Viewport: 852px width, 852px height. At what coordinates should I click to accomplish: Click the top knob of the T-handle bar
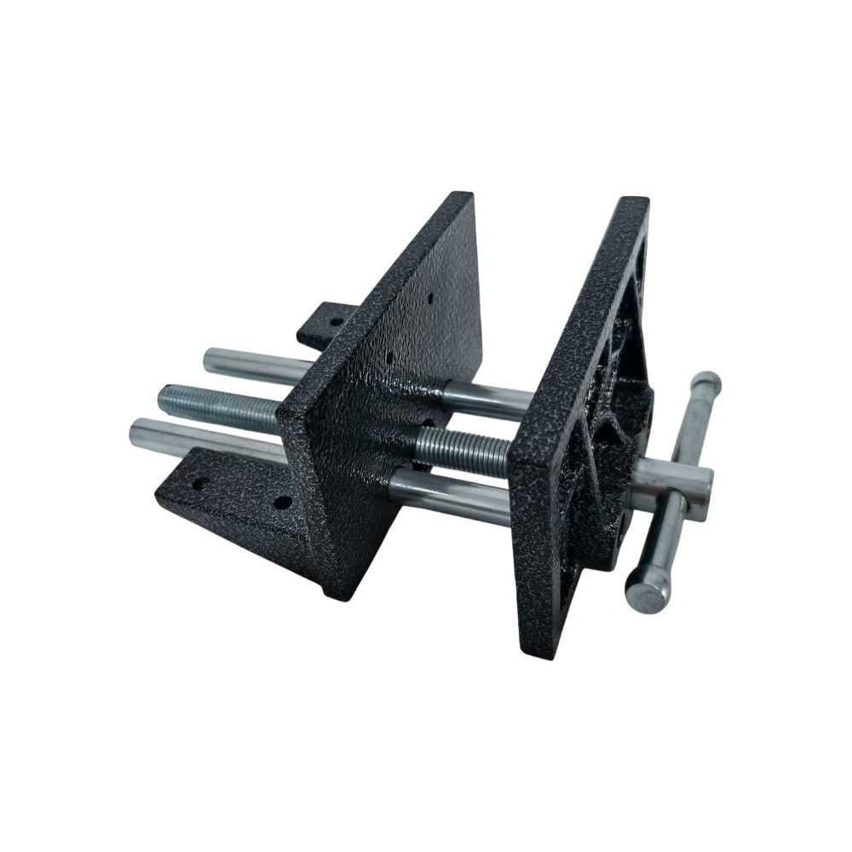pos(706,384)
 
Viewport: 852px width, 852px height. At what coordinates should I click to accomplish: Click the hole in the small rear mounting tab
pos(336,322)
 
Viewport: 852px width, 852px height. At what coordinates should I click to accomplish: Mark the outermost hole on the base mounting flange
pos(199,485)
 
